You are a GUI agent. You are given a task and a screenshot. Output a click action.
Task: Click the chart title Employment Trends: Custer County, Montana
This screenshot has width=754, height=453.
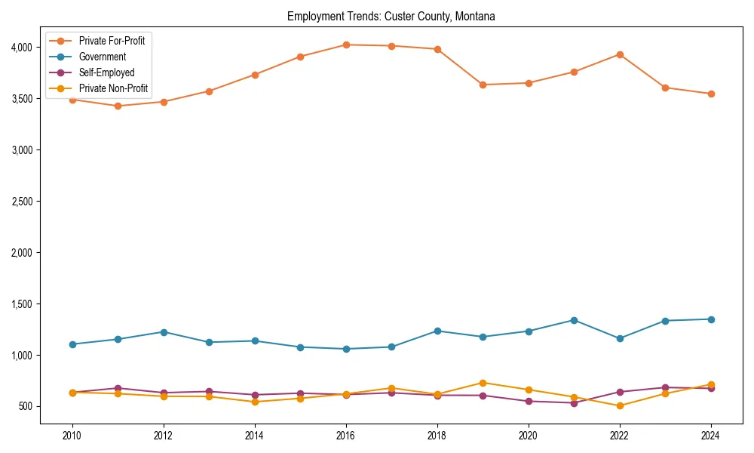pos(391,16)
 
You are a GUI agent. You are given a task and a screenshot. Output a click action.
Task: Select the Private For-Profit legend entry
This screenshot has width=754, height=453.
pos(112,41)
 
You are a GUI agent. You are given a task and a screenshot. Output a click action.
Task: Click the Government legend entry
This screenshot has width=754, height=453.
pos(103,57)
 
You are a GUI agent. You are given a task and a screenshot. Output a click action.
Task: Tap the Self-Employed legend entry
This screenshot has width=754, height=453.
pos(106,73)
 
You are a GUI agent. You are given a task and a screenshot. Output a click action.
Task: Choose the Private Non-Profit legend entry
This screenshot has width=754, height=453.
pos(113,89)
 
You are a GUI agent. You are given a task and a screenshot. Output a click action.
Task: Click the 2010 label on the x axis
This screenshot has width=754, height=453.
pos(72,436)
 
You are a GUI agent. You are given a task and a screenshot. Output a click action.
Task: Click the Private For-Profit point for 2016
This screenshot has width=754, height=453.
pos(346,45)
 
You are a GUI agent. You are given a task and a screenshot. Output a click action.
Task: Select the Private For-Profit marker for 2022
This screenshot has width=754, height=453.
pos(620,54)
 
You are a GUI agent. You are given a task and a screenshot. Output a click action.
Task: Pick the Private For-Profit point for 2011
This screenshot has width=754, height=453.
pos(118,106)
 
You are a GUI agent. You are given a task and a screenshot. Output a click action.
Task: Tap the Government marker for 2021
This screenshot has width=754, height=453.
pos(574,320)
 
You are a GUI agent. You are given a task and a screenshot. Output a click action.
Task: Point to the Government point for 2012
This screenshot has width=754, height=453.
pos(164,332)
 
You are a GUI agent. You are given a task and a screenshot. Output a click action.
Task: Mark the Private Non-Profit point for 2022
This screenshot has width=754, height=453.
pos(620,405)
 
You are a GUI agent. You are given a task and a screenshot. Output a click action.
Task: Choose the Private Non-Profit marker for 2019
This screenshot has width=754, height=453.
pos(483,383)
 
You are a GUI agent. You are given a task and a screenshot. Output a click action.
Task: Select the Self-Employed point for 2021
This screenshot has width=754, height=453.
pos(574,403)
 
